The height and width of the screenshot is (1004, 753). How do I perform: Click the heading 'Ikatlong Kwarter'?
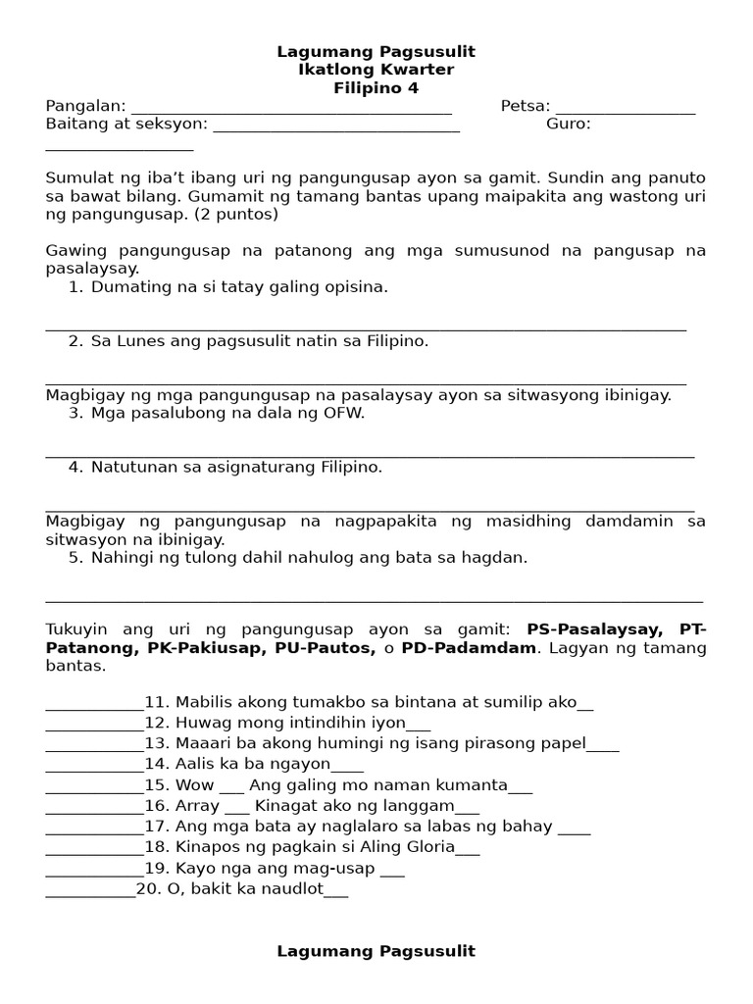376,70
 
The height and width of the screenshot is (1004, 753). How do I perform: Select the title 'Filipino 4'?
376,88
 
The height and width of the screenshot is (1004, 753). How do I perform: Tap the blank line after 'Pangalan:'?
291,108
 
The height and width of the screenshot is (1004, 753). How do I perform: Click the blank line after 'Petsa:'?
626,108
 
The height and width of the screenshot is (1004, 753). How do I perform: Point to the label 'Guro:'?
569,125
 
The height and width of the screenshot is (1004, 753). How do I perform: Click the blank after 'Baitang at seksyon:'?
335,125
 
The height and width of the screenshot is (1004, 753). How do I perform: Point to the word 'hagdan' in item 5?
497,558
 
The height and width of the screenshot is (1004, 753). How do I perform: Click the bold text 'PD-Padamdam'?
479,648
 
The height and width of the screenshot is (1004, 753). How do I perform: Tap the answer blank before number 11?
94,702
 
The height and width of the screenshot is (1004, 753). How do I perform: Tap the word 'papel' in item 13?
563,743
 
